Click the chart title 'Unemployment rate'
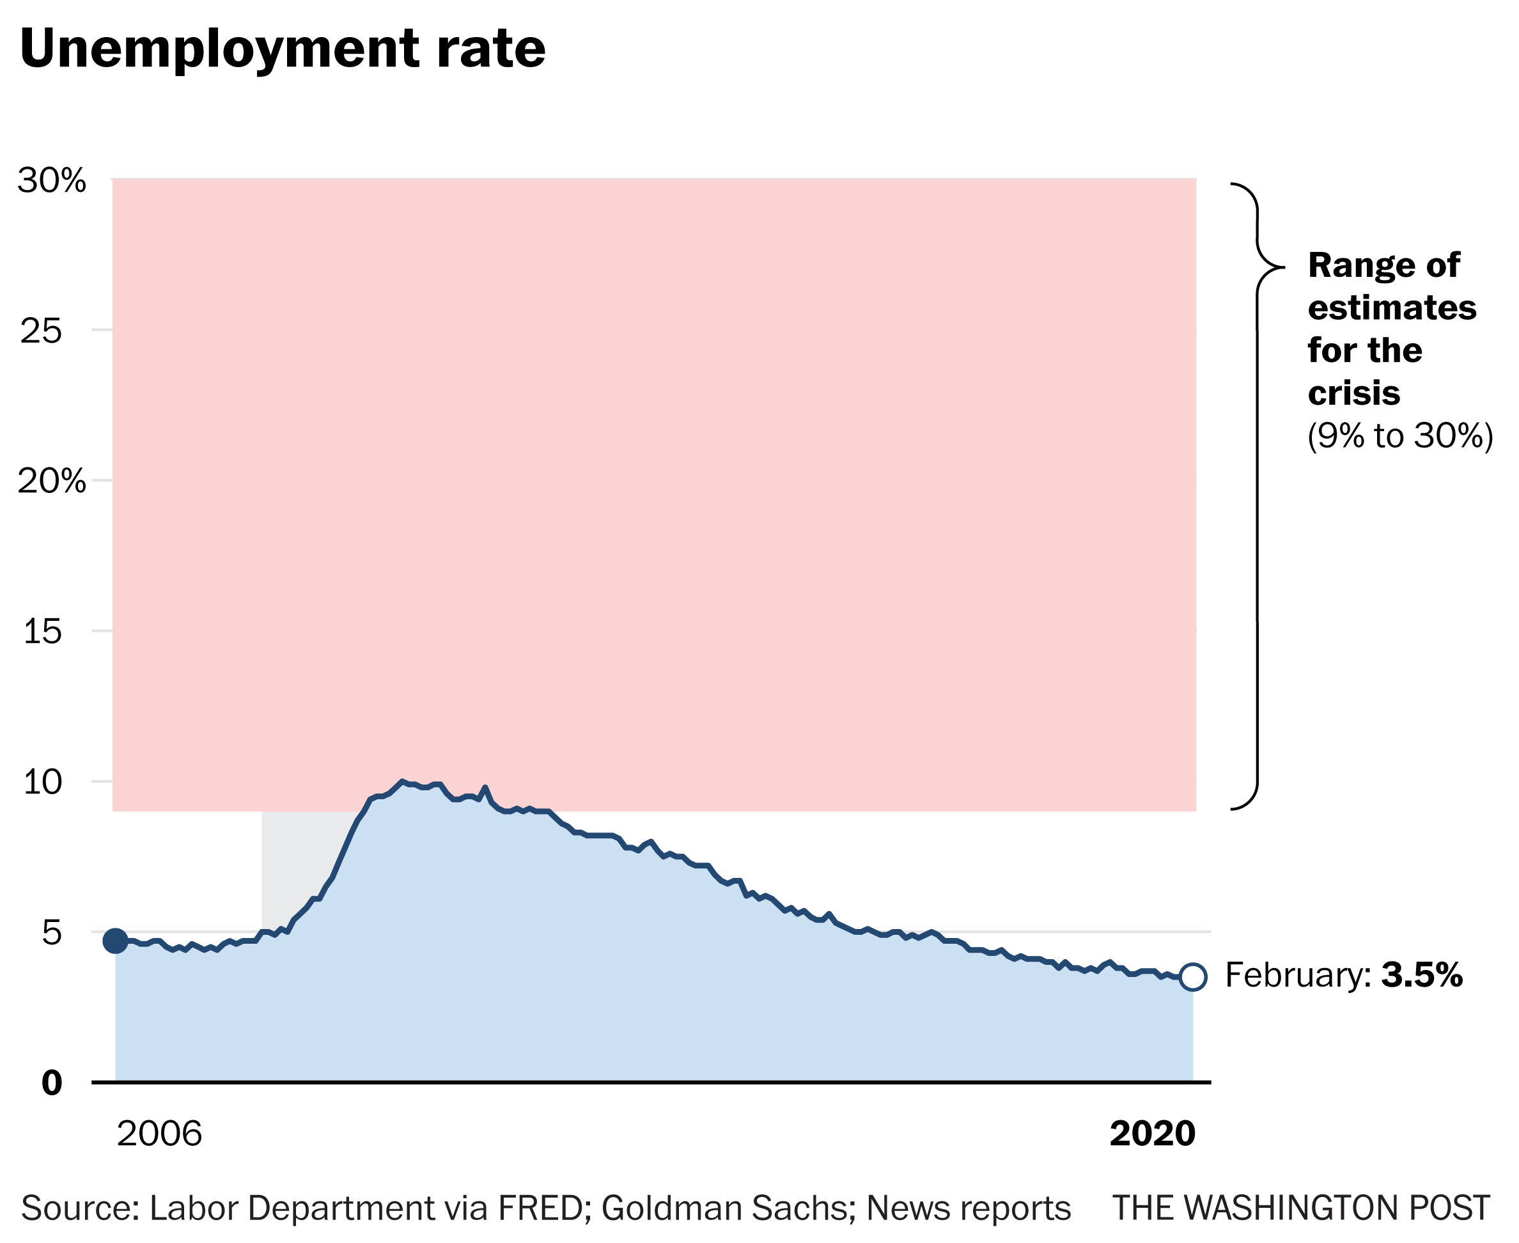click(283, 50)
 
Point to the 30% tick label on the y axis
click(52, 180)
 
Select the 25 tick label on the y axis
click(42, 331)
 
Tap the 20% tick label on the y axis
click(52, 481)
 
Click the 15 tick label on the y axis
click(42, 632)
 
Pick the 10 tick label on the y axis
click(42, 782)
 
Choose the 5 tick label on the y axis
click(52, 933)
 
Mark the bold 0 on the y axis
click(52, 1083)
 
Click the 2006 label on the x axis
click(159, 1134)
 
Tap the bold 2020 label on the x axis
click(1153, 1134)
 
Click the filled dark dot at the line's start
click(116, 941)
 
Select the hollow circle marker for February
click(1192, 976)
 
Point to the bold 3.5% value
click(1422, 975)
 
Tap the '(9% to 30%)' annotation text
click(1400, 436)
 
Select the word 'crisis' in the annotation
click(1353, 393)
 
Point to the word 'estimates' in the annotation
click(1392, 308)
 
